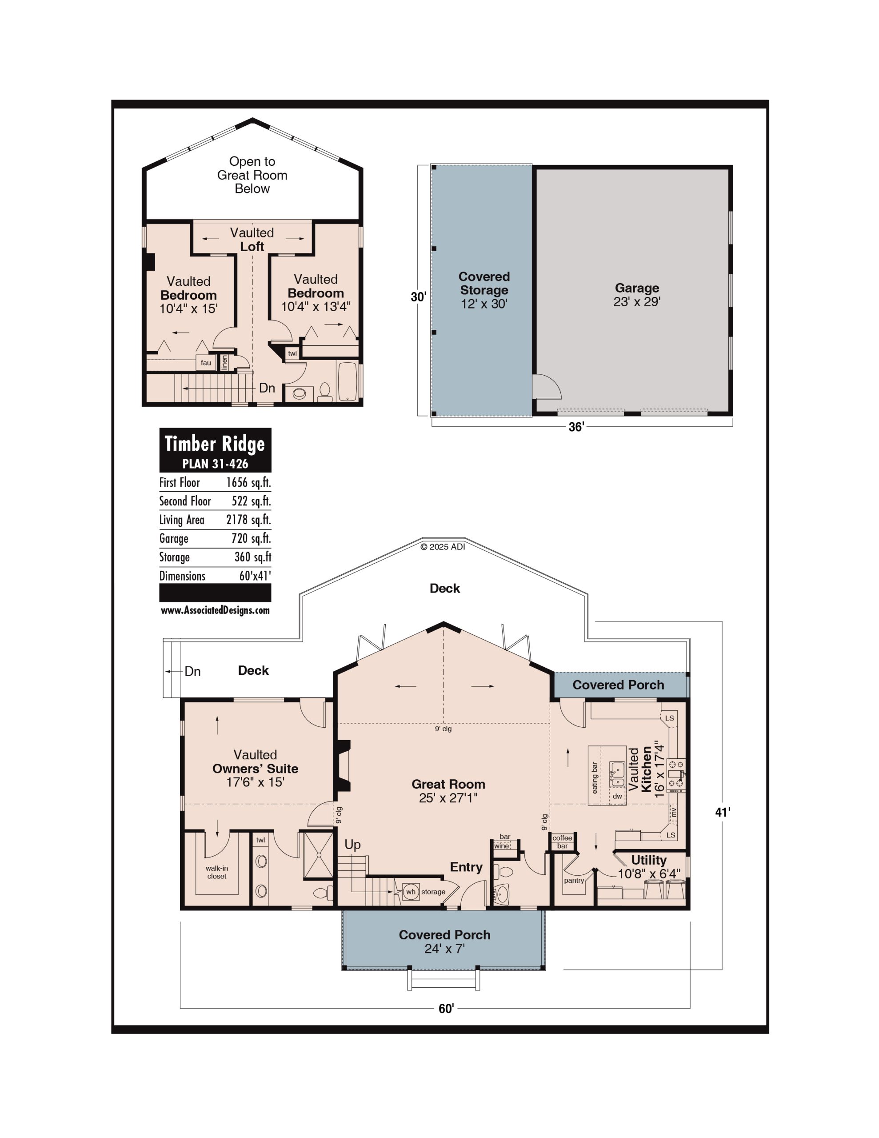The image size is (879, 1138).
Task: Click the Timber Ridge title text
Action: (x=215, y=444)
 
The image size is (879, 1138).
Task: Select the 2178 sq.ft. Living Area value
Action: (x=248, y=520)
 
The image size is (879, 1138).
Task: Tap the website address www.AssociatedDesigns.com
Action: (x=215, y=610)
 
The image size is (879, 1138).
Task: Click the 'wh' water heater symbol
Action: (x=411, y=892)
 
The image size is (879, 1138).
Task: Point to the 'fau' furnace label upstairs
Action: (x=206, y=363)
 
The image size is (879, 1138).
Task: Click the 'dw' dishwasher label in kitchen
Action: (x=617, y=796)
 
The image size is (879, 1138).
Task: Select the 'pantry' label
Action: (x=574, y=880)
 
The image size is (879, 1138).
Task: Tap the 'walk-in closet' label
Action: (x=217, y=872)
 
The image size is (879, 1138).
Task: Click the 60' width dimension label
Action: (x=446, y=1009)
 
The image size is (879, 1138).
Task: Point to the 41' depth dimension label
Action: (x=723, y=812)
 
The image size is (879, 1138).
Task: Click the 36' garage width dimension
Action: (x=576, y=427)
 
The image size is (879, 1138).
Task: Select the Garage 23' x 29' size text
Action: (x=637, y=302)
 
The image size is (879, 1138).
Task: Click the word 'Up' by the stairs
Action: (x=353, y=845)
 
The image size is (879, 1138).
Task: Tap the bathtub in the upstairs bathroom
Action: (x=348, y=381)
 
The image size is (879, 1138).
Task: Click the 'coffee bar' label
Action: (x=562, y=841)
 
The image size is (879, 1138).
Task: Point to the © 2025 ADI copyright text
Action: (x=443, y=547)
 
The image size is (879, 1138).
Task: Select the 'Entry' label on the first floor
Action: (x=466, y=866)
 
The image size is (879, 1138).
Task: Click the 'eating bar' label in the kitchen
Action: (x=595, y=778)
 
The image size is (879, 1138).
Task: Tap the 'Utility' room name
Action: (x=649, y=860)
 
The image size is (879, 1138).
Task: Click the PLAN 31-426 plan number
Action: (x=215, y=463)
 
